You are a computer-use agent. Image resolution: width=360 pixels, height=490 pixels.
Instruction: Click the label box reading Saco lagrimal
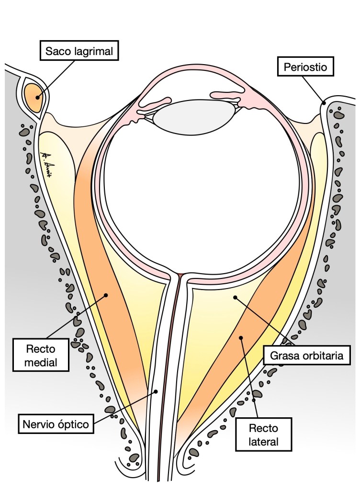pos(79,51)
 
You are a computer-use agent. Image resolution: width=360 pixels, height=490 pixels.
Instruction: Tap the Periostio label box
pos(304,67)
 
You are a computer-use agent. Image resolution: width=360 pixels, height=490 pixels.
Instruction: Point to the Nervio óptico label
pos(56,423)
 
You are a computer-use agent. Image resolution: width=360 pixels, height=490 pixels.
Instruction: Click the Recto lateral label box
pos(264,434)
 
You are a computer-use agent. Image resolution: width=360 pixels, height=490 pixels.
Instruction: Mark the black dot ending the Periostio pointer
pos(324,102)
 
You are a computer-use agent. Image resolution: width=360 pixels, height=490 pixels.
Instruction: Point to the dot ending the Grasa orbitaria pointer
pos(235,298)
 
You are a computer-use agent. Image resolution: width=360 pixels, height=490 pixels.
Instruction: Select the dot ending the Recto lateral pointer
pos(242,338)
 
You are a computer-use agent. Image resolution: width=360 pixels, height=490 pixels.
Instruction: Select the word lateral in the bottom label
pos(264,442)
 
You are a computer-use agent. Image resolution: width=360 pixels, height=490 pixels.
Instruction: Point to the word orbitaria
pos(323,356)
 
